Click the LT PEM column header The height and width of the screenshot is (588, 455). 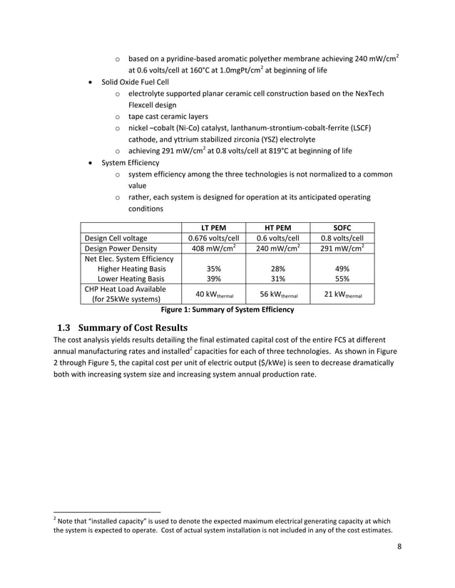[213, 227]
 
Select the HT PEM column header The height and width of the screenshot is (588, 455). [277, 227]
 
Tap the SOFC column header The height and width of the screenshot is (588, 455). [342, 227]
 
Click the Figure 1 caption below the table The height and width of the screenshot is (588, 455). [227, 310]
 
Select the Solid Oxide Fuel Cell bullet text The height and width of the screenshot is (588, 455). [134, 82]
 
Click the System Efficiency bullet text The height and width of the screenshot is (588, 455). [131, 162]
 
